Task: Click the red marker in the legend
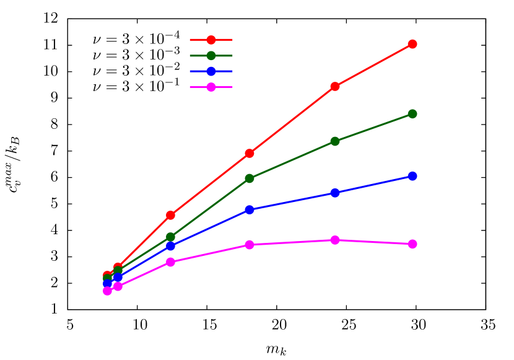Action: [211, 40]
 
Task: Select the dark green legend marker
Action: [211, 56]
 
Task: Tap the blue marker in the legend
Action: [211, 71]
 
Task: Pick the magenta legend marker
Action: [211, 87]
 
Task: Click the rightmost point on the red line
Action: [412, 44]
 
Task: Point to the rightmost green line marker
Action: [412, 114]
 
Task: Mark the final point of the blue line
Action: [412, 176]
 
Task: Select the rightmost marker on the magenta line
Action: [412, 244]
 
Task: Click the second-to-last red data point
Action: [335, 86]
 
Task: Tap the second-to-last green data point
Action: [335, 141]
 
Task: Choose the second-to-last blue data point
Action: [335, 193]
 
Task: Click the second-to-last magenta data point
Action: [335, 240]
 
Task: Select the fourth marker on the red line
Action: [250, 153]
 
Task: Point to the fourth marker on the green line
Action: [250, 178]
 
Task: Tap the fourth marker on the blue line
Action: [250, 209]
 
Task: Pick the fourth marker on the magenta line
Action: [250, 245]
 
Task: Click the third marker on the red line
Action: [170, 215]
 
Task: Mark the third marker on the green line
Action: [170, 237]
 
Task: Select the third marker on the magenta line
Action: [170, 262]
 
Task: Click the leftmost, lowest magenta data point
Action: [107, 291]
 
